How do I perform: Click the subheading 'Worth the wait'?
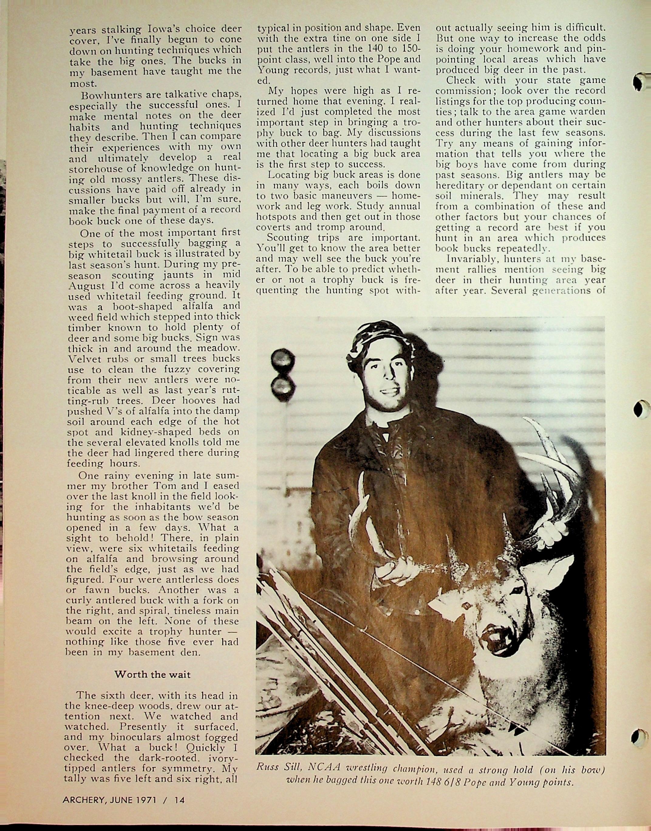(152, 674)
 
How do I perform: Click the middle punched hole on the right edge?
(642, 409)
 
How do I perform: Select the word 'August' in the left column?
(87, 285)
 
